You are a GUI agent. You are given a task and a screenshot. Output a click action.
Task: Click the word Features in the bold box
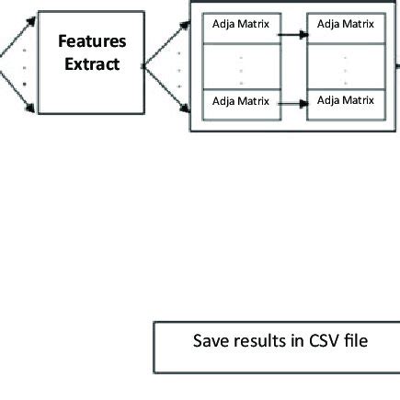[x=91, y=42]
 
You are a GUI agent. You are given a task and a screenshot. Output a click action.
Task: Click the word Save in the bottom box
[x=209, y=341]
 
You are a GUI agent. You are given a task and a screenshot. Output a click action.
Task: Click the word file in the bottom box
[x=355, y=341]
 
